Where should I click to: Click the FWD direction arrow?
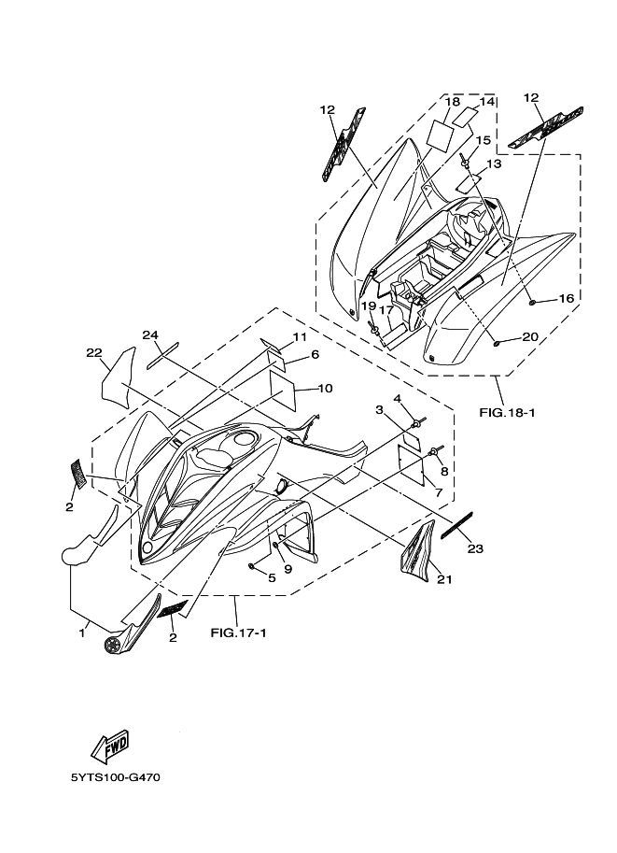(108, 746)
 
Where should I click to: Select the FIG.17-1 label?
(238, 633)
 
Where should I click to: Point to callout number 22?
(93, 352)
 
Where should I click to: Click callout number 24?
(150, 335)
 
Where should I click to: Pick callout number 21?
(444, 579)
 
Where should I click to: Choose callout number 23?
(475, 548)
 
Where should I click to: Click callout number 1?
(83, 633)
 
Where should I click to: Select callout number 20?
(529, 336)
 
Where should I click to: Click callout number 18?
(453, 101)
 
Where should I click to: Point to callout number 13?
(494, 163)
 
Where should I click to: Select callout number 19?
(368, 306)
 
